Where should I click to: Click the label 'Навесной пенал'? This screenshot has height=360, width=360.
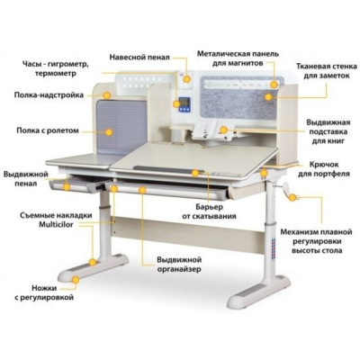[139, 57]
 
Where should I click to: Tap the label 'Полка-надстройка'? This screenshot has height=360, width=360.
[49, 95]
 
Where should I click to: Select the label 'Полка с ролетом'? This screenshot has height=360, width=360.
[48, 130]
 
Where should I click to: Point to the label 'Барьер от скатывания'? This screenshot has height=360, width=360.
[209, 211]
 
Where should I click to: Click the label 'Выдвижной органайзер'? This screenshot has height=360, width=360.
[179, 265]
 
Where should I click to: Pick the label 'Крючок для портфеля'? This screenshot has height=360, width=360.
[324, 169]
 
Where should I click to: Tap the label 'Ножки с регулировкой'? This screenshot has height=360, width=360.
[44, 292]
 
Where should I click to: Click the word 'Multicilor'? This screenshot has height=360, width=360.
[56, 225]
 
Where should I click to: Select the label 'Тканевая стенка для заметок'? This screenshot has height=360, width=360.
[327, 71]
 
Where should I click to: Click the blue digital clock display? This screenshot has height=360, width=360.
[184, 104]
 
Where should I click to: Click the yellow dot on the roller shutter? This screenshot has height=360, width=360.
[109, 132]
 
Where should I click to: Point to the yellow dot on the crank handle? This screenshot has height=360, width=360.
[292, 197]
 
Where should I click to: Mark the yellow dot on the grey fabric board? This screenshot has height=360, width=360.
[268, 96]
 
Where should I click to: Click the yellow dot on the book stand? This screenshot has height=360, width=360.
[223, 130]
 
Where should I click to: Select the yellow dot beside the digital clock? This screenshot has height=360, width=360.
[176, 103]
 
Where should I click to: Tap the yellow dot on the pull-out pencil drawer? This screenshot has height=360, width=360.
[67, 187]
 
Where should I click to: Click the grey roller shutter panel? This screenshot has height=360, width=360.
[121, 128]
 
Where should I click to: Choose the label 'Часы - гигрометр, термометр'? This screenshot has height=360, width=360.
[56, 68]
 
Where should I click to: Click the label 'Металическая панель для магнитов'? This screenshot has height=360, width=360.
[238, 58]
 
